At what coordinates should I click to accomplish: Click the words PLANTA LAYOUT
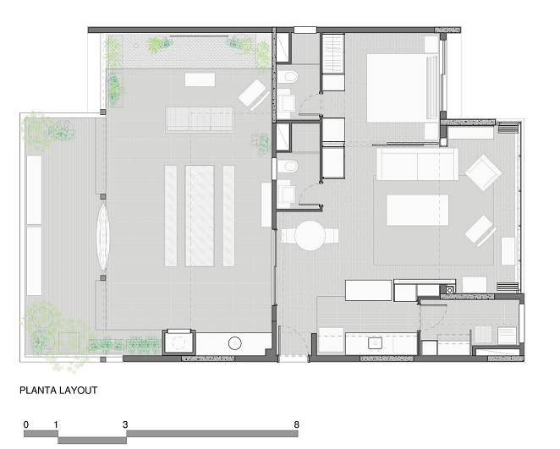(58, 390)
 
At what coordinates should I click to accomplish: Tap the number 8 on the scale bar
(296, 424)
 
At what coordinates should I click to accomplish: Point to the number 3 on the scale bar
(125, 424)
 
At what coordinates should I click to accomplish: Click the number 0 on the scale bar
(26, 424)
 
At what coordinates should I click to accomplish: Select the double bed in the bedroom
(403, 88)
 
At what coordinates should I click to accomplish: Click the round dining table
(310, 236)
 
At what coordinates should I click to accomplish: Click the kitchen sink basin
(375, 343)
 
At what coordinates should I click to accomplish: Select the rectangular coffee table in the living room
(418, 210)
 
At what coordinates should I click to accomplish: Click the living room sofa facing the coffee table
(417, 165)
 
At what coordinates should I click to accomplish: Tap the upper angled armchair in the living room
(483, 172)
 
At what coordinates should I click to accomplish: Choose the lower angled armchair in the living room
(481, 231)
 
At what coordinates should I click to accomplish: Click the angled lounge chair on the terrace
(254, 94)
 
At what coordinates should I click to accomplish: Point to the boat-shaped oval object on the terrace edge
(103, 237)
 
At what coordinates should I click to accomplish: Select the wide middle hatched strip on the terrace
(200, 216)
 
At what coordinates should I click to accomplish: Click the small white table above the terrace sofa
(200, 79)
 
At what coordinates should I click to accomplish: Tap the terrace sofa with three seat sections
(200, 119)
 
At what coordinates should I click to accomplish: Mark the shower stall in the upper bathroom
(284, 48)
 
